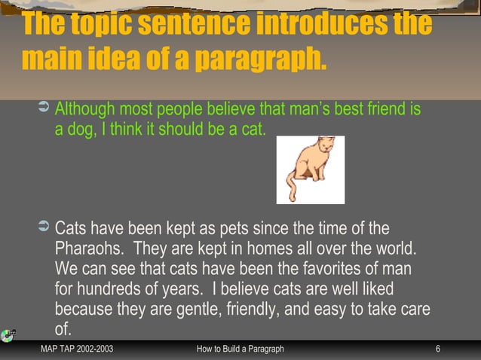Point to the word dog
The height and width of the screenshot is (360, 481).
79,130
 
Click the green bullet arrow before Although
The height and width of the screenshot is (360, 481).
43,111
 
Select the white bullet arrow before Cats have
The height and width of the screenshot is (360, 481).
43,227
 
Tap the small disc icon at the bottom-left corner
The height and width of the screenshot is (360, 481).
8,336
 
